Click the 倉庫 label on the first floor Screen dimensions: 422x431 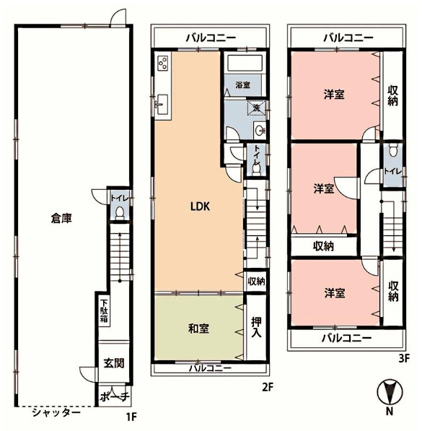(61, 219)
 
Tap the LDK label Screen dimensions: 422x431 (200, 206)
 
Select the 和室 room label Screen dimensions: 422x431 (198, 328)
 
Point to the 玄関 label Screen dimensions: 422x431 (114, 363)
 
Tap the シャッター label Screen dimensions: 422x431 (56, 412)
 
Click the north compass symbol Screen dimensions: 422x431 (390, 391)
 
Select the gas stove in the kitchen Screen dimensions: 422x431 (163, 64)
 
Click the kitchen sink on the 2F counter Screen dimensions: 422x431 (162, 105)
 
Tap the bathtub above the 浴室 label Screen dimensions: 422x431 (244, 64)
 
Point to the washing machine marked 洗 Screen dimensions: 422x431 (257, 107)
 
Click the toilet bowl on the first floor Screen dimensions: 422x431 (120, 213)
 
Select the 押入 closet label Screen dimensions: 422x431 (256, 327)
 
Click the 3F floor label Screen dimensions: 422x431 (403, 358)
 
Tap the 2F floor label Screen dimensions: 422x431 (268, 387)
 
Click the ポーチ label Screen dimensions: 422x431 (115, 396)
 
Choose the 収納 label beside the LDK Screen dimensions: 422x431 (256, 281)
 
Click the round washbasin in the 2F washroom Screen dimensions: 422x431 (260, 130)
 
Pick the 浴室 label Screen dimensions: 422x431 (242, 84)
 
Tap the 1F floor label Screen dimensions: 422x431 (131, 417)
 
